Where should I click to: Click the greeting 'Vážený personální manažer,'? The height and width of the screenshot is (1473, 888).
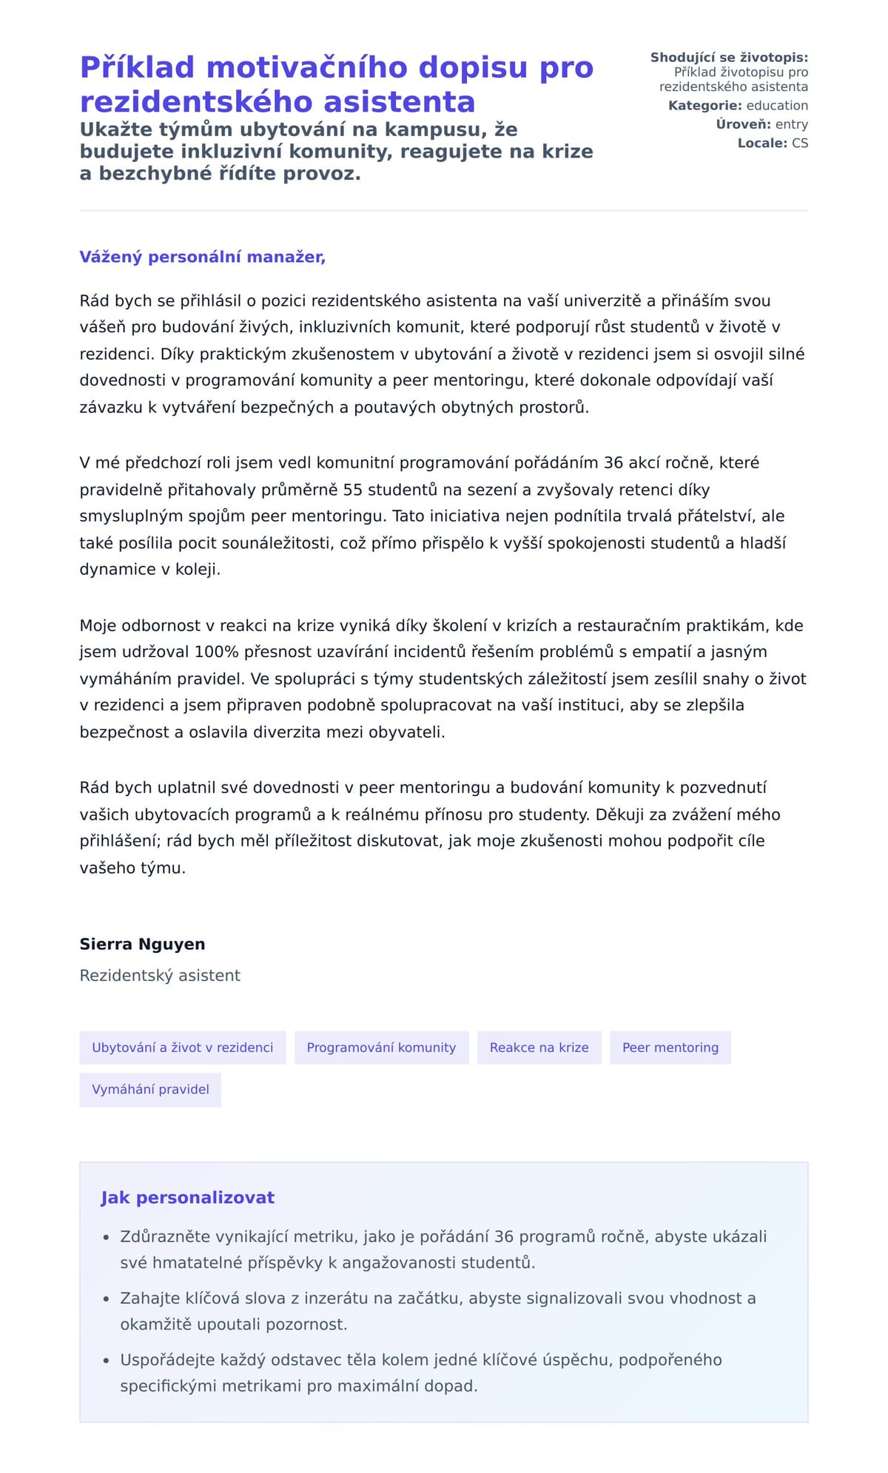point(202,257)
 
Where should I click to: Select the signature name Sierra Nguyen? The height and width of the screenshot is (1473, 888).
point(142,944)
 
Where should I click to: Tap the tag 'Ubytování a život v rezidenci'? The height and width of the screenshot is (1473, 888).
point(182,1048)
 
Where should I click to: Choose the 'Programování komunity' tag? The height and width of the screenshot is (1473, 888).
point(381,1048)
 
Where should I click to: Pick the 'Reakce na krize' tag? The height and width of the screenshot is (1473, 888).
point(539,1048)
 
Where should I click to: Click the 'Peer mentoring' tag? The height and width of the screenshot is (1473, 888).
point(670,1048)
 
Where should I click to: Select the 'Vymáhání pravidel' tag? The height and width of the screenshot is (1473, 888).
point(150,1090)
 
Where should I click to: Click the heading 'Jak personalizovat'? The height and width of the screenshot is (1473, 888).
point(187,1198)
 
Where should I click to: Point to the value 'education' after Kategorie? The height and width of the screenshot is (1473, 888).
point(777,106)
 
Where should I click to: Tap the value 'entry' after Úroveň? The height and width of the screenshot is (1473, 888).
point(791,124)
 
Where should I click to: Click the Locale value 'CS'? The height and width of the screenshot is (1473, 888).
point(800,143)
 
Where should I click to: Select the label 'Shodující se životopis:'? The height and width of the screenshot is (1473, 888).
point(729,58)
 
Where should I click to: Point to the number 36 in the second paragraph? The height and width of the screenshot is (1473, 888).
point(613,463)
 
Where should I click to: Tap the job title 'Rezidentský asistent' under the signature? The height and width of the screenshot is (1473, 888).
point(160,976)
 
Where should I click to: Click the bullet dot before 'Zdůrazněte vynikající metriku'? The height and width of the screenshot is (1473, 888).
point(106,1237)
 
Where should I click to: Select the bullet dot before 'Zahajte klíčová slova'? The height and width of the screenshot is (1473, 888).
point(106,1298)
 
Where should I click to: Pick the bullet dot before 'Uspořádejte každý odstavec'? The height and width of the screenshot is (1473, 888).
point(106,1361)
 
